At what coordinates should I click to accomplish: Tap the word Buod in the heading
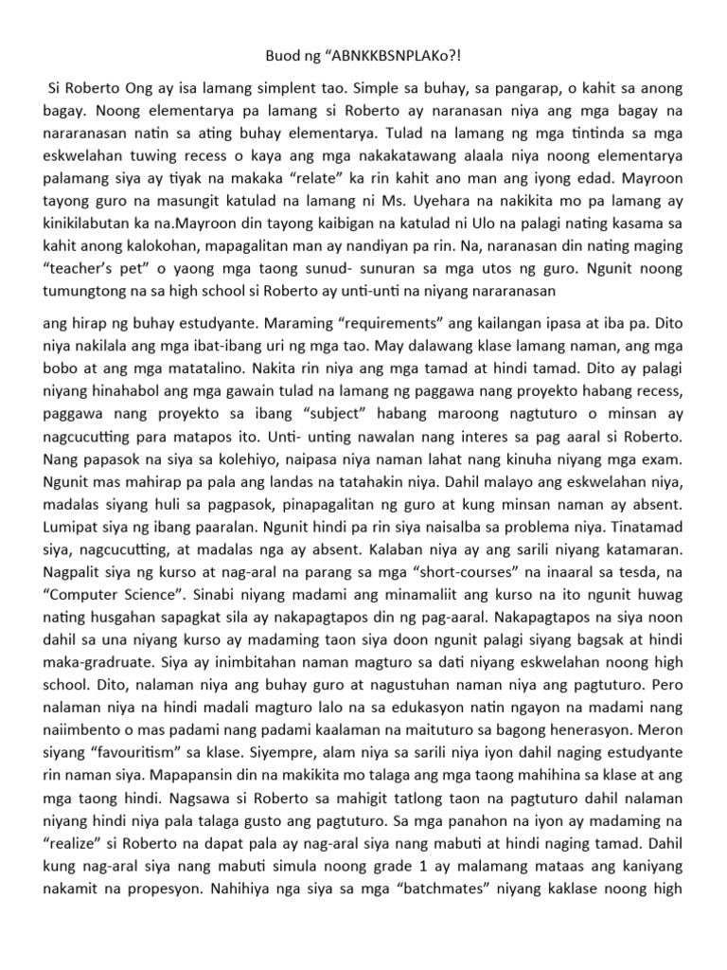pos(282,58)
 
